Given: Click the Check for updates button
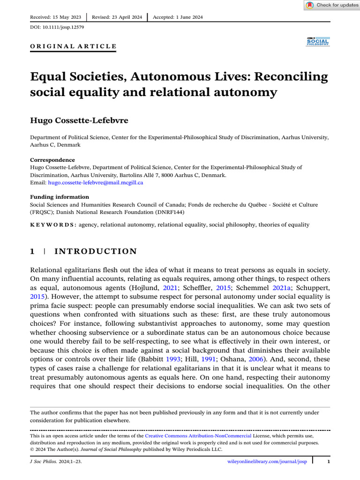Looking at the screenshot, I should (x=331, y=5).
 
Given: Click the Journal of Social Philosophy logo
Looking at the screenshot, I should (x=317, y=41).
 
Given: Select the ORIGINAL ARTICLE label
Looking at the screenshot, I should (x=73, y=46).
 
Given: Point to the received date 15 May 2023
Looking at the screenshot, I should (x=67, y=17).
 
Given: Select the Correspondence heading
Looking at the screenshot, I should (x=52, y=160).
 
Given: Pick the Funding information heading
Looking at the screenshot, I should (x=59, y=197).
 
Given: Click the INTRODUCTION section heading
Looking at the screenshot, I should (x=96, y=252).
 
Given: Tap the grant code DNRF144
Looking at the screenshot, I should (x=167, y=212).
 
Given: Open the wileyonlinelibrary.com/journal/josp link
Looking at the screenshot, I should (x=267, y=462).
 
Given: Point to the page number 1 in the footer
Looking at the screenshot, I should (x=329, y=462).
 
